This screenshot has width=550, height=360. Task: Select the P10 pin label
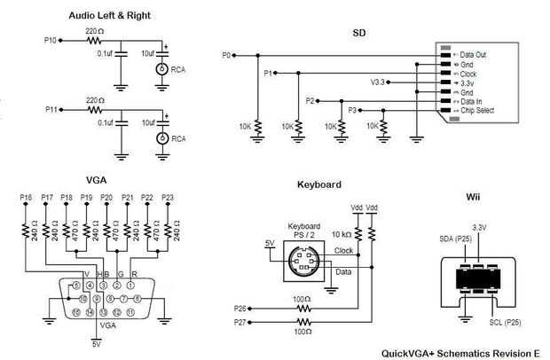pos(51,41)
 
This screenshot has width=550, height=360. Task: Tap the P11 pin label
pos(51,109)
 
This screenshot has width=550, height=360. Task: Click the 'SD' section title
pos(359,33)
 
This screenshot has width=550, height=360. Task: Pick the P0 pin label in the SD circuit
pos(226,55)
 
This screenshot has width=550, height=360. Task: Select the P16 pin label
pos(25,197)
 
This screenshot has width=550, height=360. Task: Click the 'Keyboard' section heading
pos(320,184)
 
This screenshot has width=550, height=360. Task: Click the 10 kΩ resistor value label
pos(341,235)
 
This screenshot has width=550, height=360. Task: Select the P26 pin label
pos(240,309)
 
